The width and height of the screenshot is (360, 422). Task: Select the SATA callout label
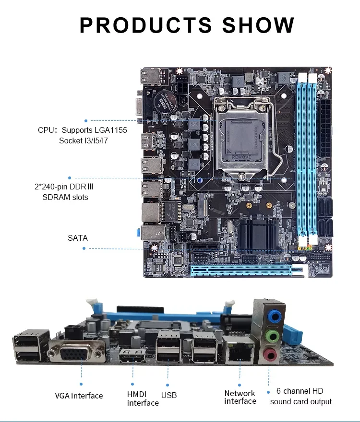pyautogui.click(x=78, y=237)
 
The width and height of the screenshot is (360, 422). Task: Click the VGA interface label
pyautogui.click(x=79, y=396)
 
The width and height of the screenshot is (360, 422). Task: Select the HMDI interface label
pyautogui.click(x=143, y=398)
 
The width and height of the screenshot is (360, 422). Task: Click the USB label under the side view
pyautogui.click(x=169, y=395)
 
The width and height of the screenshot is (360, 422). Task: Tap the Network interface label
pyautogui.click(x=240, y=397)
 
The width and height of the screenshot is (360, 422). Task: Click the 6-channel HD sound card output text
pyautogui.click(x=300, y=397)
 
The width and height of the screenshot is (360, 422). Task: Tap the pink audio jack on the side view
pyautogui.click(x=270, y=356)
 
